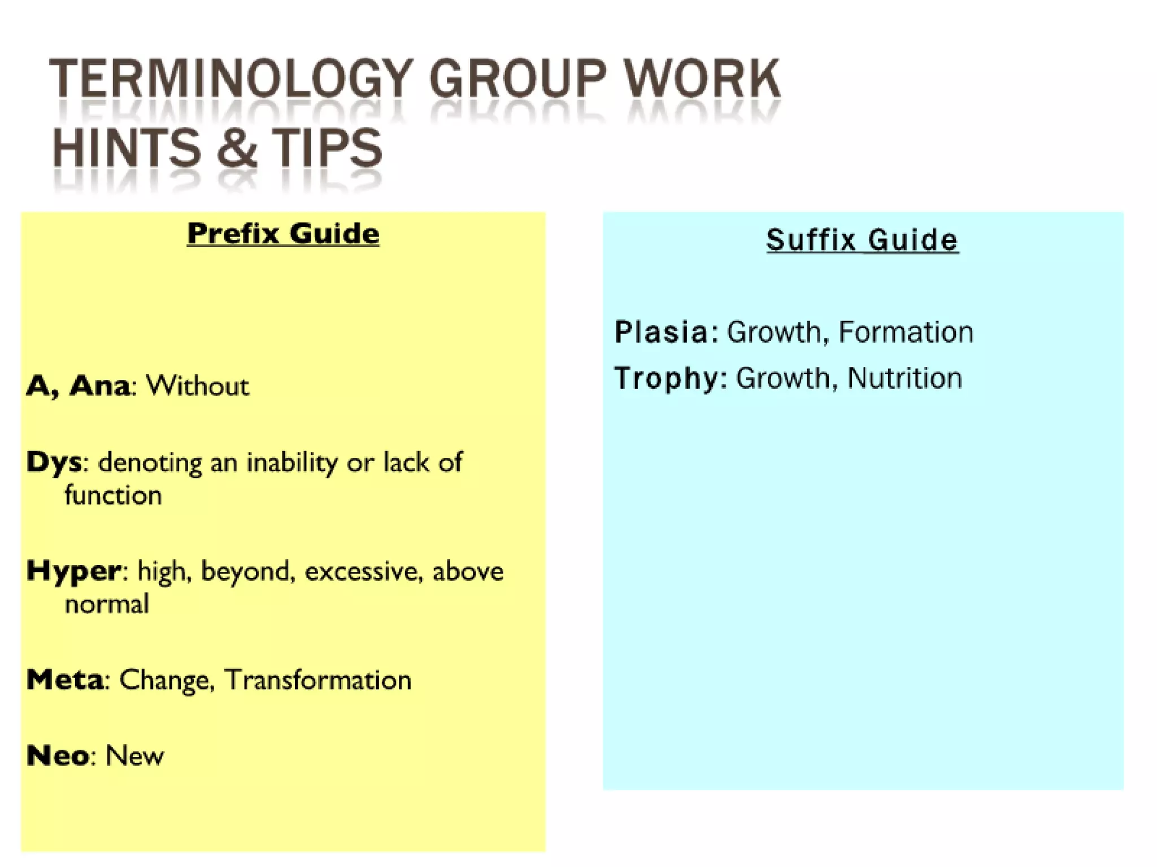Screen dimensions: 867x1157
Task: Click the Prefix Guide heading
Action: click(283, 233)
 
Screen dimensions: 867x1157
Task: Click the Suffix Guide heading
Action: click(862, 240)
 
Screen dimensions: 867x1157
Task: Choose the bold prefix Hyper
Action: click(73, 571)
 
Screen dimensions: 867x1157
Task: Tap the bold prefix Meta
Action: click(65, 680)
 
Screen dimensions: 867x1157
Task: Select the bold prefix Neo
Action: click(57, 756)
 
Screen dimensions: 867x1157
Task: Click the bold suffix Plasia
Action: click(661, 332)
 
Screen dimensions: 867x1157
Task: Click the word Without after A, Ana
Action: click(197, 386)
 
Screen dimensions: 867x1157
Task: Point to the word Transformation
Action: click(317, 680)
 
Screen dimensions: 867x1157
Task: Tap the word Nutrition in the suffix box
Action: click(904, 378)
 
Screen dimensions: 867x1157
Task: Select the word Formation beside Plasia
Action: click(906, 332)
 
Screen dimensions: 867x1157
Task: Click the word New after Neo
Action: click(134, 756)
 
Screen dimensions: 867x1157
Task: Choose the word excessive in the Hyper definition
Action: click(364, 571)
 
